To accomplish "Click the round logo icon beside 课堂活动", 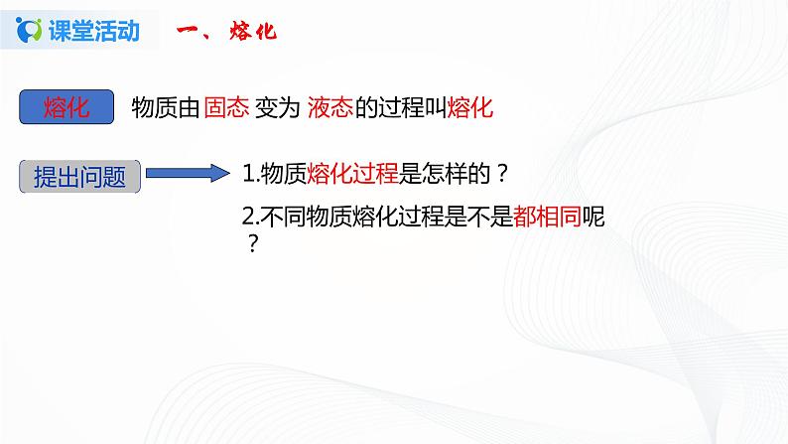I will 31,31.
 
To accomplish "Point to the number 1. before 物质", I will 249,175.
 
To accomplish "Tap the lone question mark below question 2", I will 252,243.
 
